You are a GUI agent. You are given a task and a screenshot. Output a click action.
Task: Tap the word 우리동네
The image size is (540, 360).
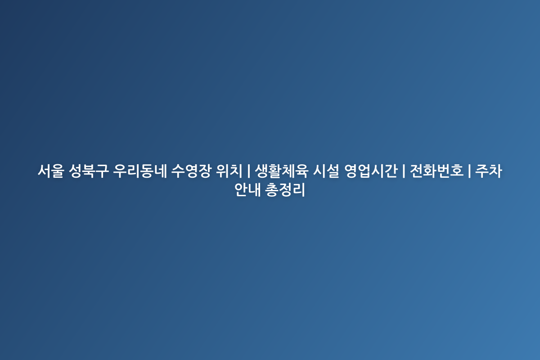click(x=140, y=171)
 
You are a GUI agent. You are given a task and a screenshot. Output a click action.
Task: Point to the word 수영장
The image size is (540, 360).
click(x=191, y=171)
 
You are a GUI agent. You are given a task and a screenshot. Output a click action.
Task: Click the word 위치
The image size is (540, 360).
click(x=229, y=171)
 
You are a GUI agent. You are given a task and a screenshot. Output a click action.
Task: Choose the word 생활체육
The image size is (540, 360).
click(x=282, y=171)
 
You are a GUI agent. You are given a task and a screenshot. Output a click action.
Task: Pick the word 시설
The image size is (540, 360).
click(x=326, y=171)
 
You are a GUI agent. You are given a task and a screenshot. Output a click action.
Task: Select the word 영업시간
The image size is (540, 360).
click(x=371, y=171)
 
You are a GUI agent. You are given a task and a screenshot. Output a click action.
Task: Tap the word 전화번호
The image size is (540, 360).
click(x=436, y=171)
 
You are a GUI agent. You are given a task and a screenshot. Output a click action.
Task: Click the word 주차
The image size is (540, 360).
click(x=489, y=171)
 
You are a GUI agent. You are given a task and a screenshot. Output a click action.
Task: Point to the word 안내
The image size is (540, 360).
click(x=247, y=190)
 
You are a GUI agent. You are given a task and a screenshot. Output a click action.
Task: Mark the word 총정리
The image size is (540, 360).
click(x=285, y=190)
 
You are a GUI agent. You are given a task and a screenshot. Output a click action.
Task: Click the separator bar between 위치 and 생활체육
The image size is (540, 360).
click(x=248, y=171)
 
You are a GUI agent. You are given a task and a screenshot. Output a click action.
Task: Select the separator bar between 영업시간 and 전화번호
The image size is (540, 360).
click(x=404, y=171)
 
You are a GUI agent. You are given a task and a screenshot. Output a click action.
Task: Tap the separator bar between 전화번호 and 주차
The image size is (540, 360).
click(x=469, y=171)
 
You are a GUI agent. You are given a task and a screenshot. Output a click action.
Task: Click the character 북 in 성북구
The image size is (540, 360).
click(x=89, y=171)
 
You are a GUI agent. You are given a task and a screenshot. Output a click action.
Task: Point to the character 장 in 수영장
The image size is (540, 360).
click(x=205, y=171)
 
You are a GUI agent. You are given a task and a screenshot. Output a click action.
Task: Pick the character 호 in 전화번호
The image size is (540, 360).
click(x=457, y=171)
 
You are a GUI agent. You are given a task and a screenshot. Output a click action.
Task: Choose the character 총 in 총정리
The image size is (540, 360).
click(x=272, y=190)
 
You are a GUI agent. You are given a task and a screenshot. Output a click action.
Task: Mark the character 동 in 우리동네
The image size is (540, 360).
click(x=147, y=171)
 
